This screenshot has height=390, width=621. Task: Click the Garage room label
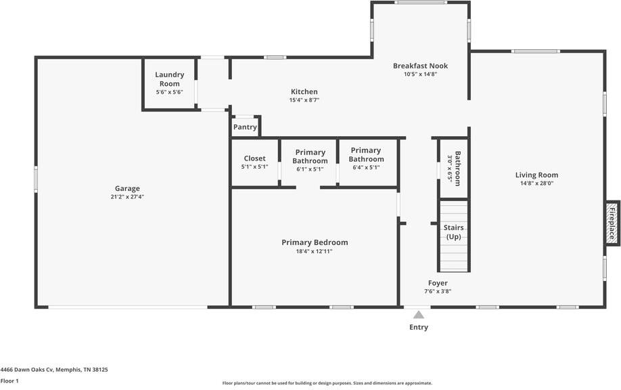click(x=127, y=189)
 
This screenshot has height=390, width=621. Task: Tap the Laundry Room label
click(x=170, y=79)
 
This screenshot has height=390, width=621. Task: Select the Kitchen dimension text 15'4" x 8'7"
click(x=304, y=100)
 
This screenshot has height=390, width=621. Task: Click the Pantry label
click(x=245, y=127)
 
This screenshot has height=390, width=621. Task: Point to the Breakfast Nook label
click(x=420, y=66)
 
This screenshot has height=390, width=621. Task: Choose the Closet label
click(x=255, y=158)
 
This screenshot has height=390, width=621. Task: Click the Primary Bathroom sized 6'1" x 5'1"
click(x=310, y=157)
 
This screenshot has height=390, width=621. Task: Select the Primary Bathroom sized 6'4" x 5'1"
click(x=366, y=155)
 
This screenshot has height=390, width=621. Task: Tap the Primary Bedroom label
click(x=315, y=242)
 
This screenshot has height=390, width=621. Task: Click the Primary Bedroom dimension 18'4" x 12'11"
click(x=315, y=251)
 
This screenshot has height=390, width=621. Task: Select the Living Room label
click(x=538, y=175)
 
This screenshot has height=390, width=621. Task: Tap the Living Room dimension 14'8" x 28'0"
click(x=538, y=183)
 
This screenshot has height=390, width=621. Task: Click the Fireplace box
click(x=612, y=223)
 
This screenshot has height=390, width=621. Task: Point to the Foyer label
click(x=438, y=283)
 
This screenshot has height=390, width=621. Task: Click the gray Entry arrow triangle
click(x=419, y=315)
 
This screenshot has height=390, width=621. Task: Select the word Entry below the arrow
click(x=419, y=328)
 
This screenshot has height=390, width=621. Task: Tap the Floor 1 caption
click(x=9, y=381)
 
